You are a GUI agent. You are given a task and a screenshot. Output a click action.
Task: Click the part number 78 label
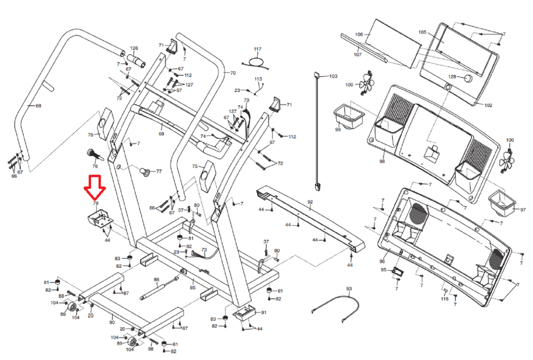click(96, 203)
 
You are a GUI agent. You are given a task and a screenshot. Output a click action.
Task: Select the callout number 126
click(134, 48)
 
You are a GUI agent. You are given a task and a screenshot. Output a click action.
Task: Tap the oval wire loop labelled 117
click(256, 62)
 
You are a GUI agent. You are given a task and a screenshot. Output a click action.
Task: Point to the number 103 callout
click(333, 76)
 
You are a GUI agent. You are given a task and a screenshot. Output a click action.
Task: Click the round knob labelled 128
click(468, 79)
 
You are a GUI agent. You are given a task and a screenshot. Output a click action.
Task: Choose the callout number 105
click(422, 32)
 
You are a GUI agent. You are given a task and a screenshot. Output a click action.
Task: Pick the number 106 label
click(359, 34)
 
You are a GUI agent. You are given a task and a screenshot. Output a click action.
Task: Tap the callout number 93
click(349, 289)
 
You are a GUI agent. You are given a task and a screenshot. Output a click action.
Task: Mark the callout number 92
click(310, 202)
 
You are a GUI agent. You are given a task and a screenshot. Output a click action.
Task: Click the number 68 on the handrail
click(38, 106)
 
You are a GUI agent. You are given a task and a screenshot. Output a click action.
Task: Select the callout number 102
click(488, 105)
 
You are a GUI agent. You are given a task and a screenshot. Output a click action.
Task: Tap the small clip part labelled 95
click(398, 271)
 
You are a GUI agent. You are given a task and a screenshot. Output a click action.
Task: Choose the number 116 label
click(444, 299)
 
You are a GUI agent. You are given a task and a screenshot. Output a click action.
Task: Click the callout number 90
click(112, 322)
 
